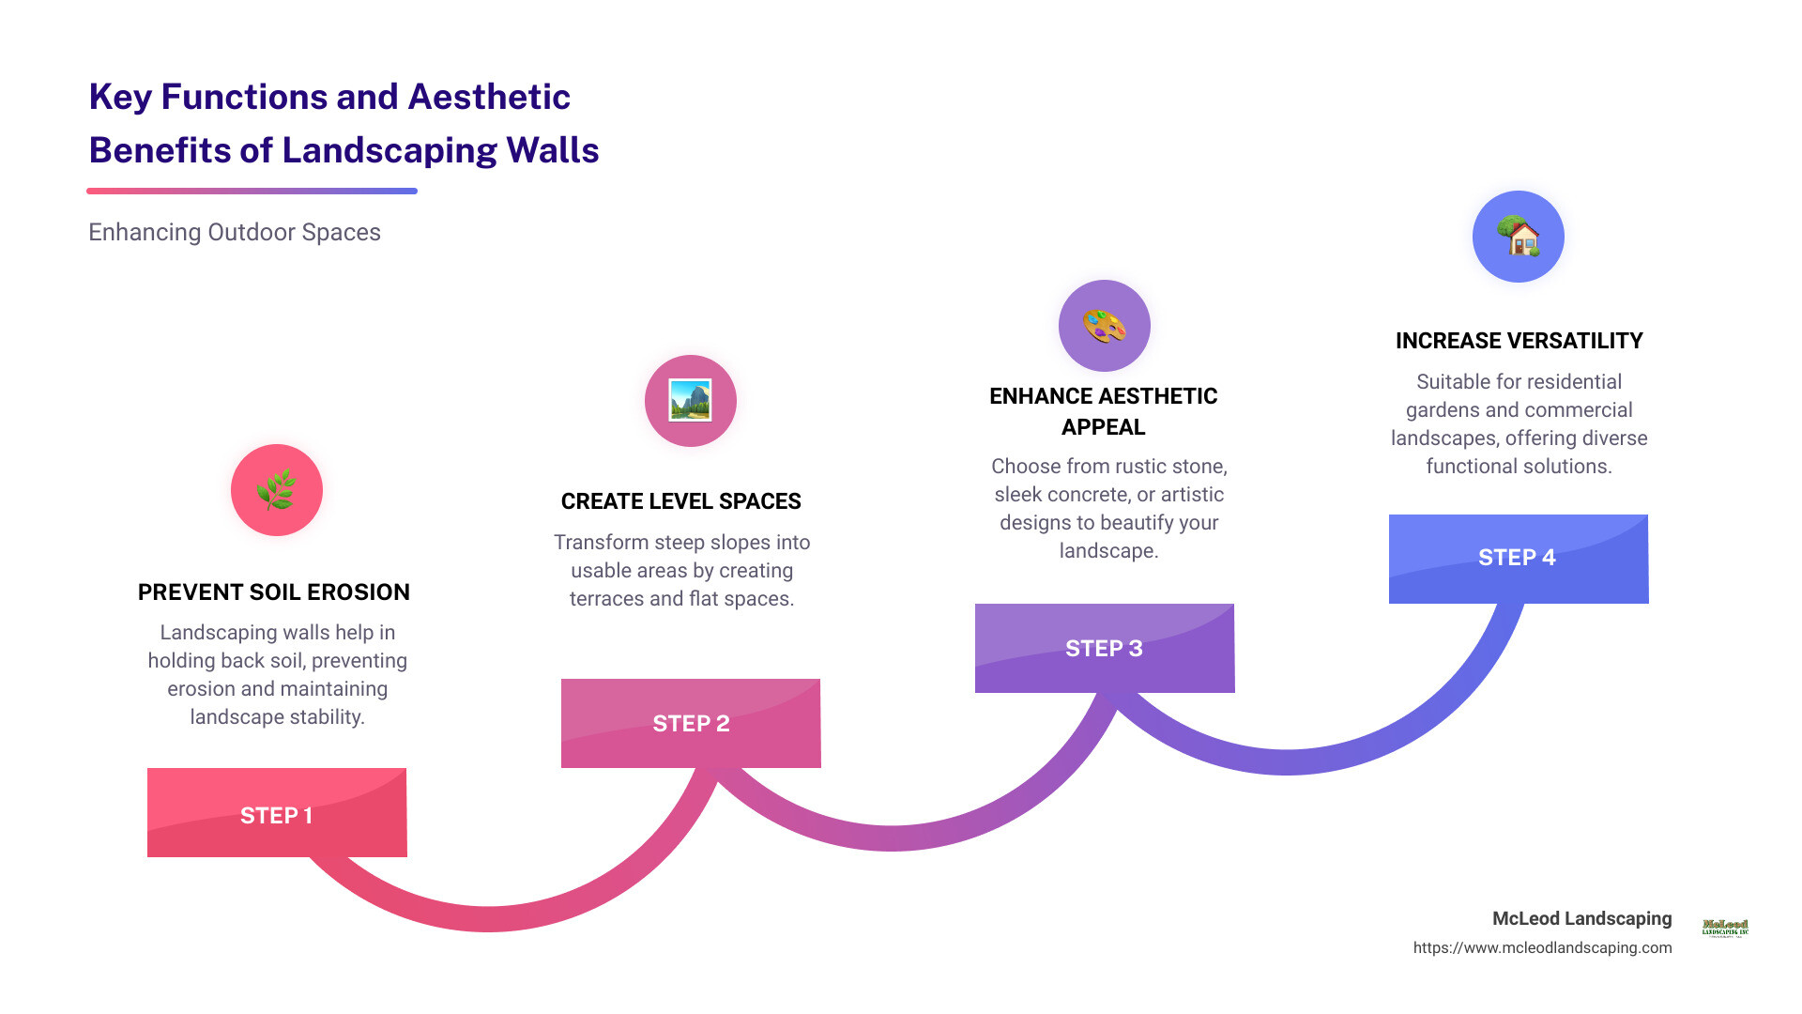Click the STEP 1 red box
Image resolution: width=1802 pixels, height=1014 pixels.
pyautogui.click(x=277, y=813)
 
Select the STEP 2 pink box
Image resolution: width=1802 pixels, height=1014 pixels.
pyautogui.click(x=691, y=723)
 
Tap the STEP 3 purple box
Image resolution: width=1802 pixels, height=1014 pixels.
pyautogui.click(x=1104, y=648)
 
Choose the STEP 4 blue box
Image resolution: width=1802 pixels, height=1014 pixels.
pyautogui.click(x=1518, y=559)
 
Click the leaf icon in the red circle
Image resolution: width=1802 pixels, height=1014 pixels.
pyautogui.click(x=277, y=490)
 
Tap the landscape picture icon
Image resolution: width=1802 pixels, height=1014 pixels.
pyautogui.click(x=690, y=401)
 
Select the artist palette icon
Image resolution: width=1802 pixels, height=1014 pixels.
pyautogui.click(x=1104, y=326)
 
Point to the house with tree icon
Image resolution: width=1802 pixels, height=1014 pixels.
pyautogui.click(x=1518, y=237)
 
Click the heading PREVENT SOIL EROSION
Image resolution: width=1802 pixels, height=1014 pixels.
pyautogui.click(x=274, y=592)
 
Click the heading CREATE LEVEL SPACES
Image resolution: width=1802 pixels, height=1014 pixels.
pyautogui.click(x=680, y=501)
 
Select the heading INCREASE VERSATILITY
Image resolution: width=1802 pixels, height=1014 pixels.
pyautogui.click(x=1519, y=341)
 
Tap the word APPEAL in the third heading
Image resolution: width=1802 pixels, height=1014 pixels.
pyautogui.click(x=1103, y=427)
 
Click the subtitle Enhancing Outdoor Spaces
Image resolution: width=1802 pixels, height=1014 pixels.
pyautogui.click(x=235, y=233)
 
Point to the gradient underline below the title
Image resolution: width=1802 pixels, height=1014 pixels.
pyautogui.click(x=252, y=191)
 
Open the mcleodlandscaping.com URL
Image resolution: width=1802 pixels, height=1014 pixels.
pyautogui.click(x=1542, y=948)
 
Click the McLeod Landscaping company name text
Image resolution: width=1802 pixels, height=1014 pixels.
pyautogui.click(x=1581, y=918)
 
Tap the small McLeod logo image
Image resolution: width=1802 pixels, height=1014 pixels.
pyautogui.click(x=1725, y=928)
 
